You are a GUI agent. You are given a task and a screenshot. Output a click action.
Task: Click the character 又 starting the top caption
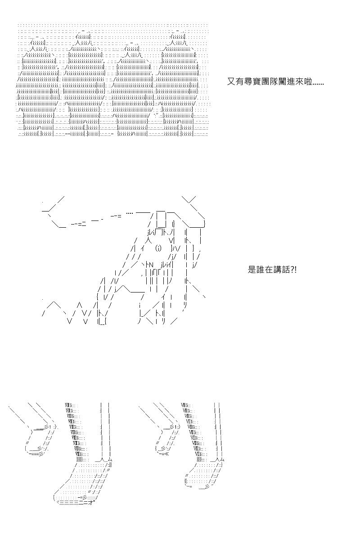point(231,82)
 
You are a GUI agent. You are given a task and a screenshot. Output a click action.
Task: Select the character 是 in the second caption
point(252,270)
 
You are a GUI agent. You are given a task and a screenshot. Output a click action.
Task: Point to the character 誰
point(260,270)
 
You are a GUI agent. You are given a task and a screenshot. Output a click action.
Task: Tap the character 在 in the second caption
point(268,270)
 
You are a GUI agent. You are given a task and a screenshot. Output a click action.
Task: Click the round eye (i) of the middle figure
point(158,248)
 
